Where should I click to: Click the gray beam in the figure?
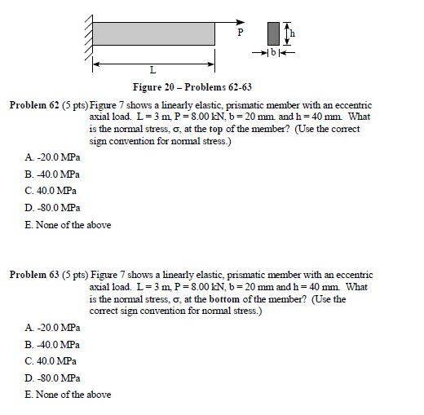(x=153, y=33)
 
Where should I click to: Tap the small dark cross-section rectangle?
(x=272, y=33)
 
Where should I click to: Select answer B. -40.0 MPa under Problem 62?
(x=51, y=174)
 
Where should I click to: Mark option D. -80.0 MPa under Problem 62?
(x=51, y=208)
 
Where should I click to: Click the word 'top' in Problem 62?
(x=226, y=129)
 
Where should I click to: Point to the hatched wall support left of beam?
(x=86, y=33)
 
